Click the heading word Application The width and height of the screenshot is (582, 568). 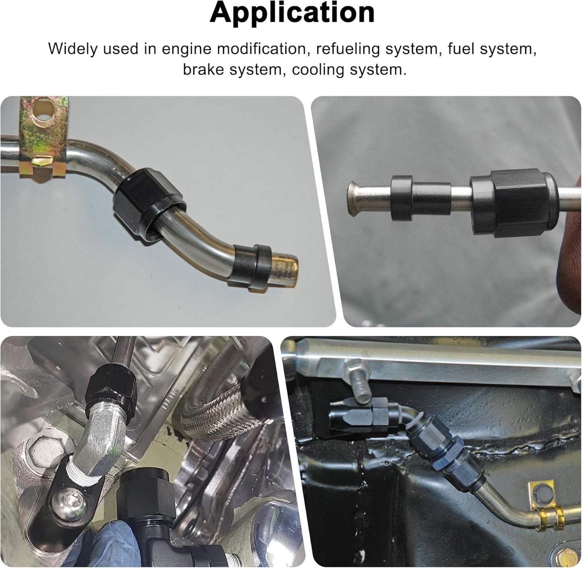(x=292, y=13)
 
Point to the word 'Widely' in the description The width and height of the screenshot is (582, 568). (x=73, y=49)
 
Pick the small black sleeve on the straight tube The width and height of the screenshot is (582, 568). (x=420, y=198)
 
